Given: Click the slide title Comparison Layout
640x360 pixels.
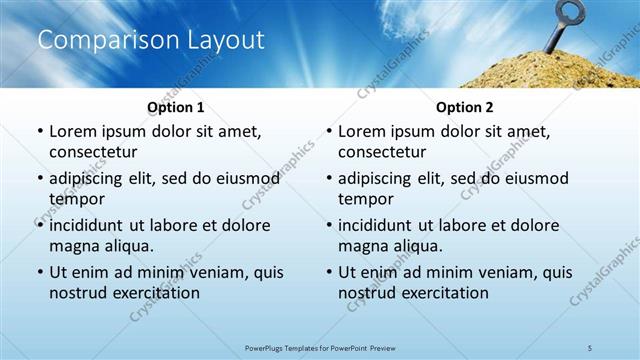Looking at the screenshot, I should point(151,40).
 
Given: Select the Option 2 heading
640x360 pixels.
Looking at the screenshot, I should point(464,107).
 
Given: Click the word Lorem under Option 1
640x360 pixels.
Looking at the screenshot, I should point(71,131).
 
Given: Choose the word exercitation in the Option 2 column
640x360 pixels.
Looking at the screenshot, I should point(440,293).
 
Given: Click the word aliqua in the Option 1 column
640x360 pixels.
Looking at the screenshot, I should point(127,246).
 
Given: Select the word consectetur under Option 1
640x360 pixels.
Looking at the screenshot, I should point(93,152).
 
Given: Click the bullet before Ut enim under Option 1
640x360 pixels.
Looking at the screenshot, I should point(39,272).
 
